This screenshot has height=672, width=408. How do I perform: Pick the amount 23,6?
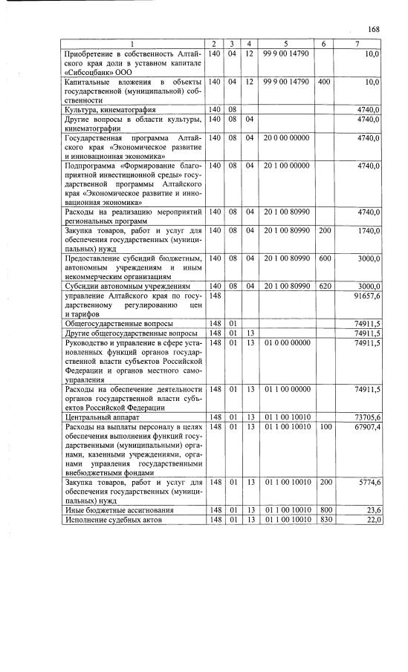(x=372, y=510)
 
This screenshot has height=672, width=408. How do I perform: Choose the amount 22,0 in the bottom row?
(x=372, y=519)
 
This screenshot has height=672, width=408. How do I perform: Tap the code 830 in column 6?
(x=324, y=519)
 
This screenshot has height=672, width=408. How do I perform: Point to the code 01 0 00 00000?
(x=286, y=343)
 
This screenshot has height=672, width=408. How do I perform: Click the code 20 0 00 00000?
(x=286, y=138)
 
